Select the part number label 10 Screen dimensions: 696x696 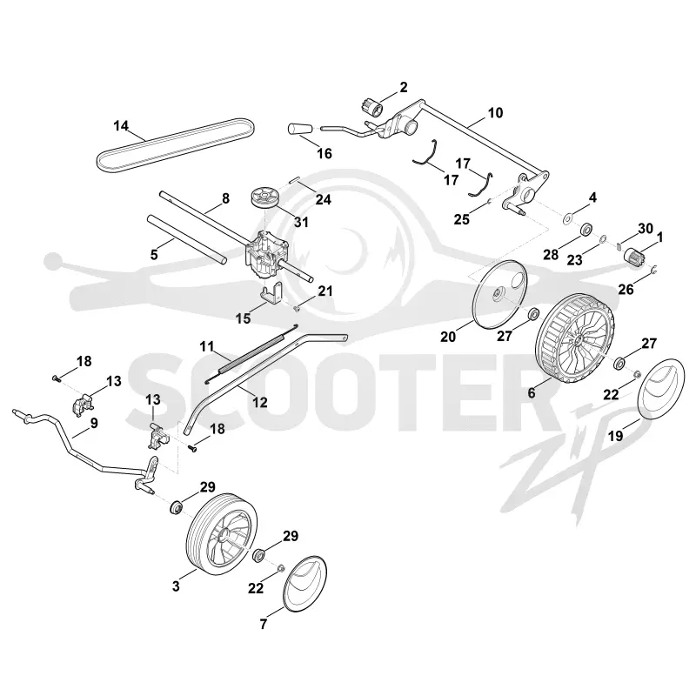[495, 113]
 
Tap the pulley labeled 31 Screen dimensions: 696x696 [264, 197]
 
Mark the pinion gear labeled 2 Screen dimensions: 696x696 [371, 106]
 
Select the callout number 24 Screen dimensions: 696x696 [323, 200]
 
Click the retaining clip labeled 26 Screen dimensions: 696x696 [655, 269]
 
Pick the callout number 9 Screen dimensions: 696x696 [94, 423]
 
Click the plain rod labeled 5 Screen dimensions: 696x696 [187, 238]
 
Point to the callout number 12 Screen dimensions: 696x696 [259, 402]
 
